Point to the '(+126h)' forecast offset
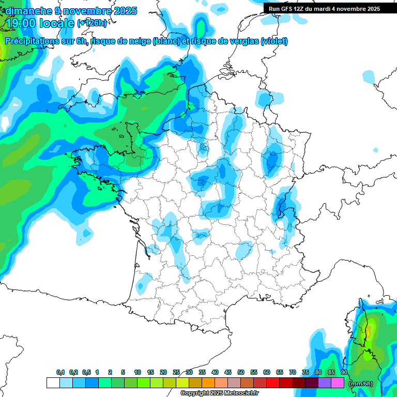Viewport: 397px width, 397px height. click(x=91, y=23)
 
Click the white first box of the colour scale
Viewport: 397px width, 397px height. click(x=53, y=383)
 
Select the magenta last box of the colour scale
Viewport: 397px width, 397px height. click(x=338, y=383)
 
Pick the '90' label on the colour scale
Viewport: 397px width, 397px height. click(x=344, y=372)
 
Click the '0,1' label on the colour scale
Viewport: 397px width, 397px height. click(x=60, y=372)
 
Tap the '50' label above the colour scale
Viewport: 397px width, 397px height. click(x=241, y=372)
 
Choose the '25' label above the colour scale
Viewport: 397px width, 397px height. click(x=176, y=372)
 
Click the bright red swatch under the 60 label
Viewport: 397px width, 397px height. click(x=273, y=383)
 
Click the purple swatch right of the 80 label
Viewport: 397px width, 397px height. click(x=325, y=383)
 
